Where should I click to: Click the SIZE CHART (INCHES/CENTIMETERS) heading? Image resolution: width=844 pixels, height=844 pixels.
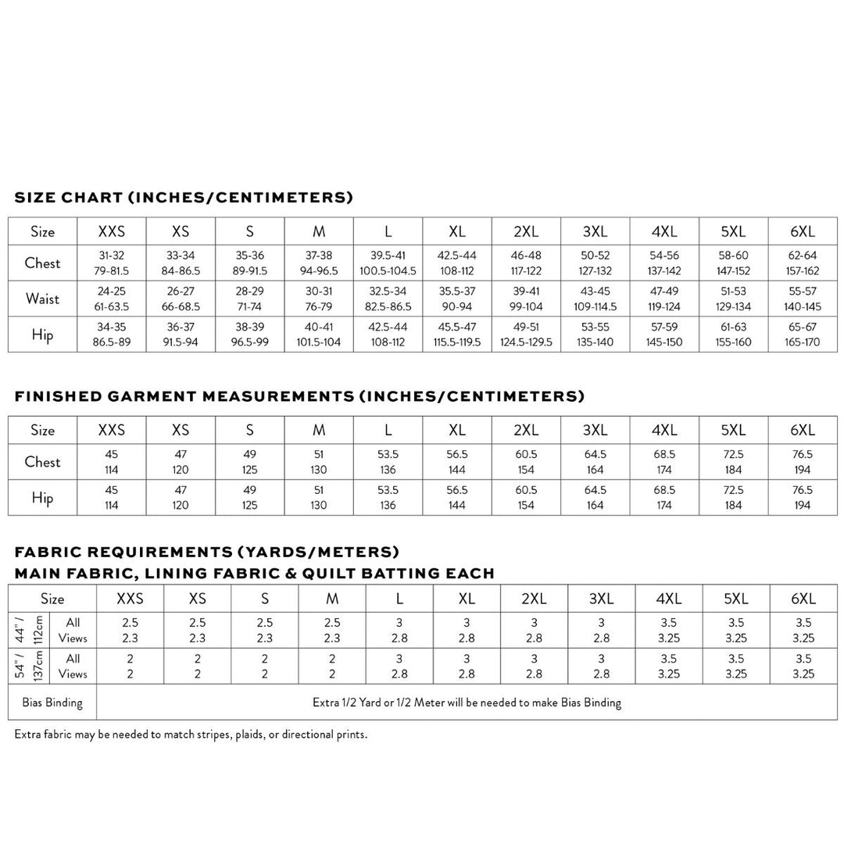(184, 198)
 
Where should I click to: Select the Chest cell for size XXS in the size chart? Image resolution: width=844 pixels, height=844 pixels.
(112, 263)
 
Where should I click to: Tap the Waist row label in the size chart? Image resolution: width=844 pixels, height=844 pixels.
(42, 299)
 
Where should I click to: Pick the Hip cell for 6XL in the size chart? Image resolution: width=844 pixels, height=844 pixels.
(802, 334)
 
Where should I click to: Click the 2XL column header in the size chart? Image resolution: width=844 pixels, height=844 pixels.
(526, 231)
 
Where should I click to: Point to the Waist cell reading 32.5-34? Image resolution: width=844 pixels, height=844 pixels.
(388, 299)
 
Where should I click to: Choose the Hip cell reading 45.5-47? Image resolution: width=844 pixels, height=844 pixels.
(457, 334)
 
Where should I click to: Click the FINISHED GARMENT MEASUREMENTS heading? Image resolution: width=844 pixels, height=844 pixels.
(299, 396)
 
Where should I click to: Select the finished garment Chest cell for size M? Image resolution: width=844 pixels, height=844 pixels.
(319, 462)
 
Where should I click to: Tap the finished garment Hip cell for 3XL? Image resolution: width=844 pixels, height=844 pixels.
(595, 498)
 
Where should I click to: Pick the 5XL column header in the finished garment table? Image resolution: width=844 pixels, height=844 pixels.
(733, 430)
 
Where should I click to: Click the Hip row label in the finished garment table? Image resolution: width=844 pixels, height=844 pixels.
(42, 498)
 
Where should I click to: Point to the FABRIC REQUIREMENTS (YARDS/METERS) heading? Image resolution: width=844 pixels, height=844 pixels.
(207, 553)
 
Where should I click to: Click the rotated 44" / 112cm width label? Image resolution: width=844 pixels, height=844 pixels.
(28, 630)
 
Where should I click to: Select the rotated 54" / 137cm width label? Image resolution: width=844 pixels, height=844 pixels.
(28, 666)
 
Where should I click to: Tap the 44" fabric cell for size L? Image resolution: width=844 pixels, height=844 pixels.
(399, 630)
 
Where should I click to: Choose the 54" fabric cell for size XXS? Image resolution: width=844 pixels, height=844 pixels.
(130, 666)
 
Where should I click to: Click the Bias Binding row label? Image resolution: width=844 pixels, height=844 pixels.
(52, 703)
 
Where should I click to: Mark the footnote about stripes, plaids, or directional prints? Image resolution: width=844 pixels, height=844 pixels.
(191, 735)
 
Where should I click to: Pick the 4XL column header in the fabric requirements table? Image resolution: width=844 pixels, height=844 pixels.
(669, 599)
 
